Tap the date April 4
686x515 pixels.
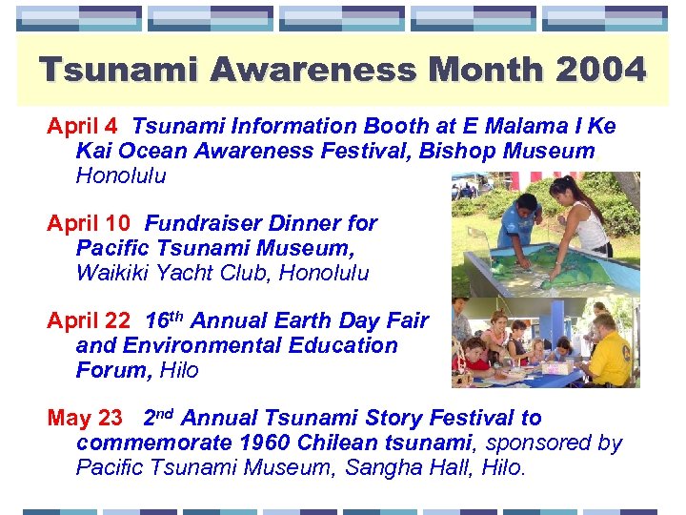[83, 126]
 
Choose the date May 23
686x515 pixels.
[85, 418]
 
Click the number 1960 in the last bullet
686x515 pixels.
[262, 443]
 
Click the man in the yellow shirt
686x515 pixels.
[612, 348]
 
